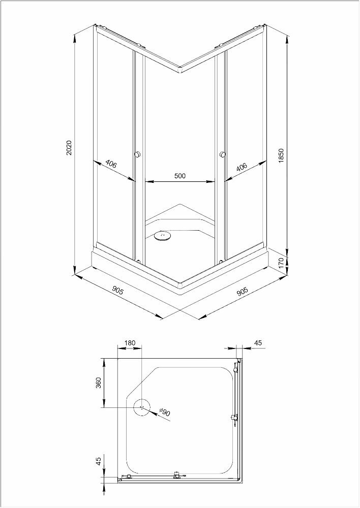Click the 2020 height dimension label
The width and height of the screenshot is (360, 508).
70,148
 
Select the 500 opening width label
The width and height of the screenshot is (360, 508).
179,176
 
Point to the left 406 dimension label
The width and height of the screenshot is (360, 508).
111,165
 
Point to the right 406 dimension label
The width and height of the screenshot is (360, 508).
242,167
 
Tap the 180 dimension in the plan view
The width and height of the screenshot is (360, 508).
130,343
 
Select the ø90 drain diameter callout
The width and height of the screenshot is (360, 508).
164,412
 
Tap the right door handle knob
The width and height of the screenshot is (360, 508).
223,154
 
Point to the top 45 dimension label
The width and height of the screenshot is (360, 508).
257,343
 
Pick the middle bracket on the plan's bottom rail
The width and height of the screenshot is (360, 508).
177,475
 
